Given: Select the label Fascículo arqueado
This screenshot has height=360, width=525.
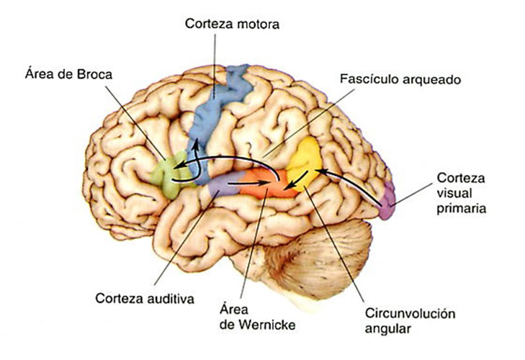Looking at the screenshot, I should coord(400,77).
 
